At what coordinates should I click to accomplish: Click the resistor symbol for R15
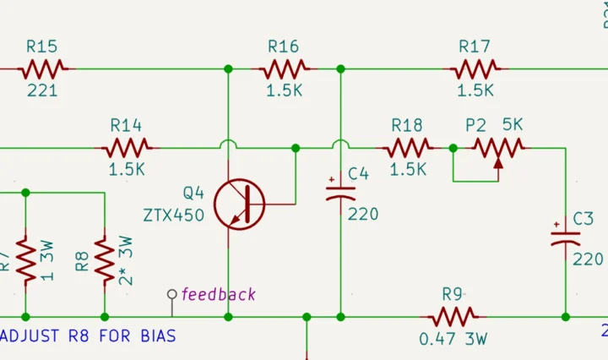[x=44, y=68]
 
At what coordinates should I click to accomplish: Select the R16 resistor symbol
[x=285, y=68]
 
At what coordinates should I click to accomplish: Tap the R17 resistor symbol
[x=475, y=68]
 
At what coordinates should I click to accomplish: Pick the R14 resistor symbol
[x=127, y=148]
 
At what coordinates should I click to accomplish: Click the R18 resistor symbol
[x=409, y=148]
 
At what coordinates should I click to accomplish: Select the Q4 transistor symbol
[x=239, y=203]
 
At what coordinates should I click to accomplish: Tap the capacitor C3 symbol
[x=565, y=240]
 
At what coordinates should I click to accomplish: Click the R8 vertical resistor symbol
[x=104, y=260]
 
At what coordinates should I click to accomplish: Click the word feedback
[x=219, y=294]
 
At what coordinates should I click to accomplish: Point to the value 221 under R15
[x=43, y=90]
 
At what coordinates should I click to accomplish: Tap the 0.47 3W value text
[x=453, y=340]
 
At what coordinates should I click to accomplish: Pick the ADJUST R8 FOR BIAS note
[x=89, y=336]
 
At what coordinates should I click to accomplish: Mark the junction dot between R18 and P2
[x=453, y=148]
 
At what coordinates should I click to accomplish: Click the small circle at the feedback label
[x=172, y=295]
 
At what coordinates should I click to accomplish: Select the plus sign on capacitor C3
[x=556, y=226]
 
